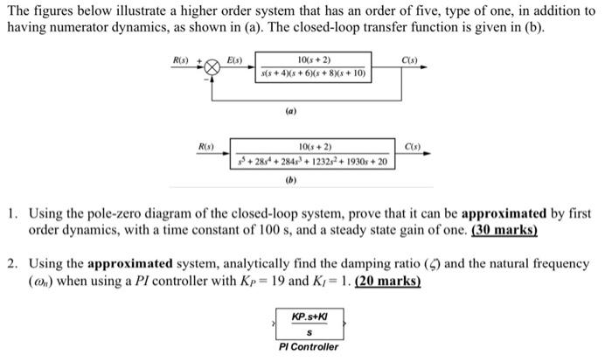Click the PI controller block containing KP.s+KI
(x=309, y=324)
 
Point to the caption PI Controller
(x=309, y=347)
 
